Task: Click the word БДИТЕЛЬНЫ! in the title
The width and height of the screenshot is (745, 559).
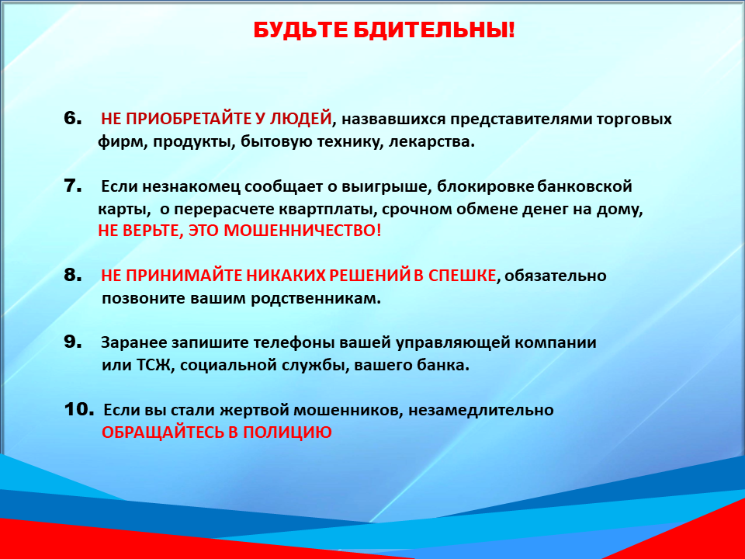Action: [x=434, y=30]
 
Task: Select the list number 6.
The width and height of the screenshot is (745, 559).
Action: [x=73, y=118]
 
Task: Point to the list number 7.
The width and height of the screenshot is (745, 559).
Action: [x=73, y=186]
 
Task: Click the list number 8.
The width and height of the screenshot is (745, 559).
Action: [x=73, y=275]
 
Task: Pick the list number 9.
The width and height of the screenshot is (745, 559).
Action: [x=73, y=342]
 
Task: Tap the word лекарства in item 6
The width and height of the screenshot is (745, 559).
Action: [x=431, y=141]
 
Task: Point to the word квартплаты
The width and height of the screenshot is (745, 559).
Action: [x=327, y=210]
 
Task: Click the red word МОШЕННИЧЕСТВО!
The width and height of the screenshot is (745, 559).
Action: [x=302, y=231]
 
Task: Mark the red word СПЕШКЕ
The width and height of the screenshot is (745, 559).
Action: [x=462, y=275]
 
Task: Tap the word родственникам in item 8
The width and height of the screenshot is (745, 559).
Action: [x=316, y=298]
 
